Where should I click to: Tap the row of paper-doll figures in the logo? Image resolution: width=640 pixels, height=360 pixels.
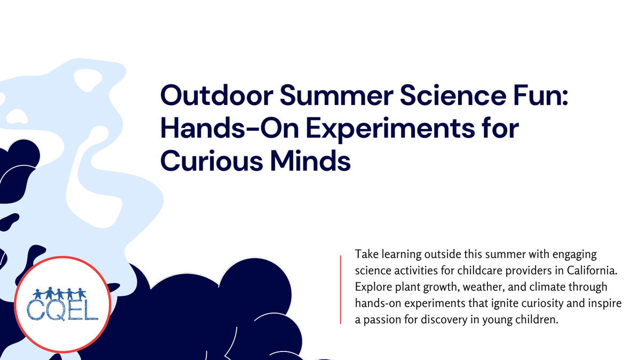tap(59, 293)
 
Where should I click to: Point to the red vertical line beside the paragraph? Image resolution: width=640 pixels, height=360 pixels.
tap(340, 290)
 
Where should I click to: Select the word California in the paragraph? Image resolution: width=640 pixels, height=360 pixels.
tap(591, 270)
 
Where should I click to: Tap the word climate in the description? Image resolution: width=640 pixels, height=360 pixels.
tap(544, 287)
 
